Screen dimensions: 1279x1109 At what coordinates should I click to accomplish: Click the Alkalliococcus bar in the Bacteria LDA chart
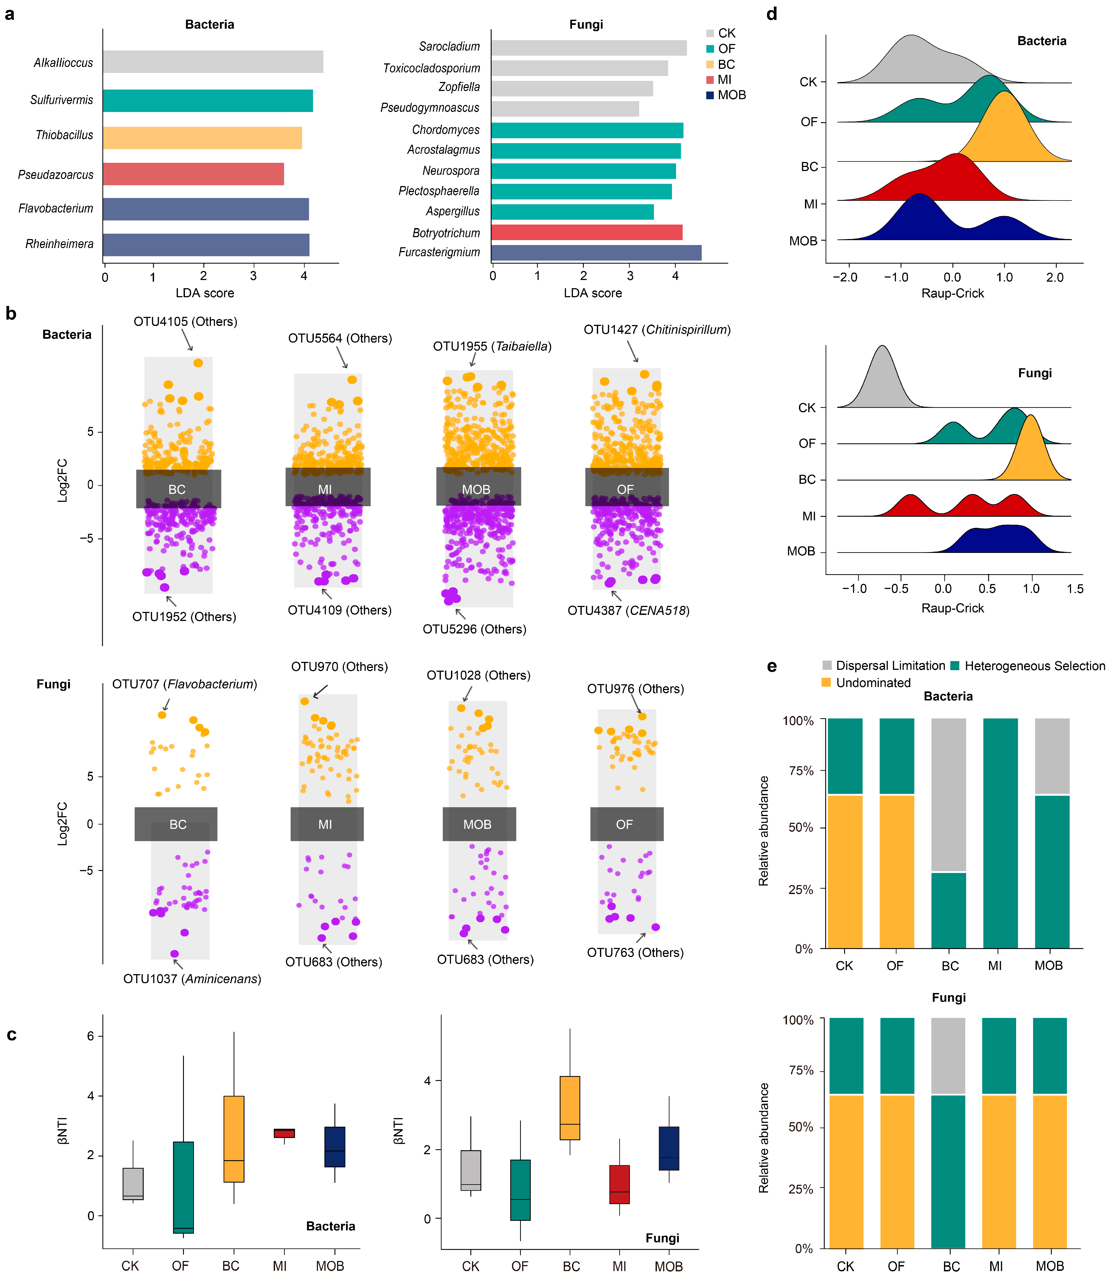213,62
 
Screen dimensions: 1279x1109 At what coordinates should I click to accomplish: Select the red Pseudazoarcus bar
193,174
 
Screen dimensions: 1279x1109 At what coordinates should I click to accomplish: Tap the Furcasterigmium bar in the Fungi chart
596,252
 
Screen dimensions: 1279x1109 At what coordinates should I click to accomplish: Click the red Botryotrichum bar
587,233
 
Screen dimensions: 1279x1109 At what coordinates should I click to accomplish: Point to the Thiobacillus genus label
64,135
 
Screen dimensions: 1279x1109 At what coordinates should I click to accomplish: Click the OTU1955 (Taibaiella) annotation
492,346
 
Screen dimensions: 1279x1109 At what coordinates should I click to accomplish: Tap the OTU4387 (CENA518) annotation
628,611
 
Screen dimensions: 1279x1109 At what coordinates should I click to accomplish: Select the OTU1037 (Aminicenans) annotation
192,979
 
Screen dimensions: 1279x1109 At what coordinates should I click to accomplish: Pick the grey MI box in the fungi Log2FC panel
327,824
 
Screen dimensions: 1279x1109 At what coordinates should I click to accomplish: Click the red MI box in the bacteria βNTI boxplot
284,1133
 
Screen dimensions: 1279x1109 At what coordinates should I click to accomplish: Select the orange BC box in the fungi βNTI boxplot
569,1108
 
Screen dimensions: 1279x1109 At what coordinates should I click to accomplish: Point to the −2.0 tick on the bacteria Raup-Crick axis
845,277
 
